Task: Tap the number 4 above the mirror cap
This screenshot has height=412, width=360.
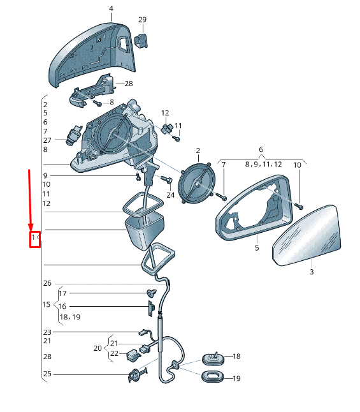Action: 111,9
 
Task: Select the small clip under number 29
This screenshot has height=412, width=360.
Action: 141,41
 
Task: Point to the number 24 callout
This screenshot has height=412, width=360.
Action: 170,195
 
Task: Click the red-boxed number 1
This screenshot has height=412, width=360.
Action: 33,237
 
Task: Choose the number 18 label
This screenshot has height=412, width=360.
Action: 236,357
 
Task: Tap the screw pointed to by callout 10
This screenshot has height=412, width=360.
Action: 299,206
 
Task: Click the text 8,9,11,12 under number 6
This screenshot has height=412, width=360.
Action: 263,165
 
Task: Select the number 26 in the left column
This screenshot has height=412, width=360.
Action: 47,283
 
